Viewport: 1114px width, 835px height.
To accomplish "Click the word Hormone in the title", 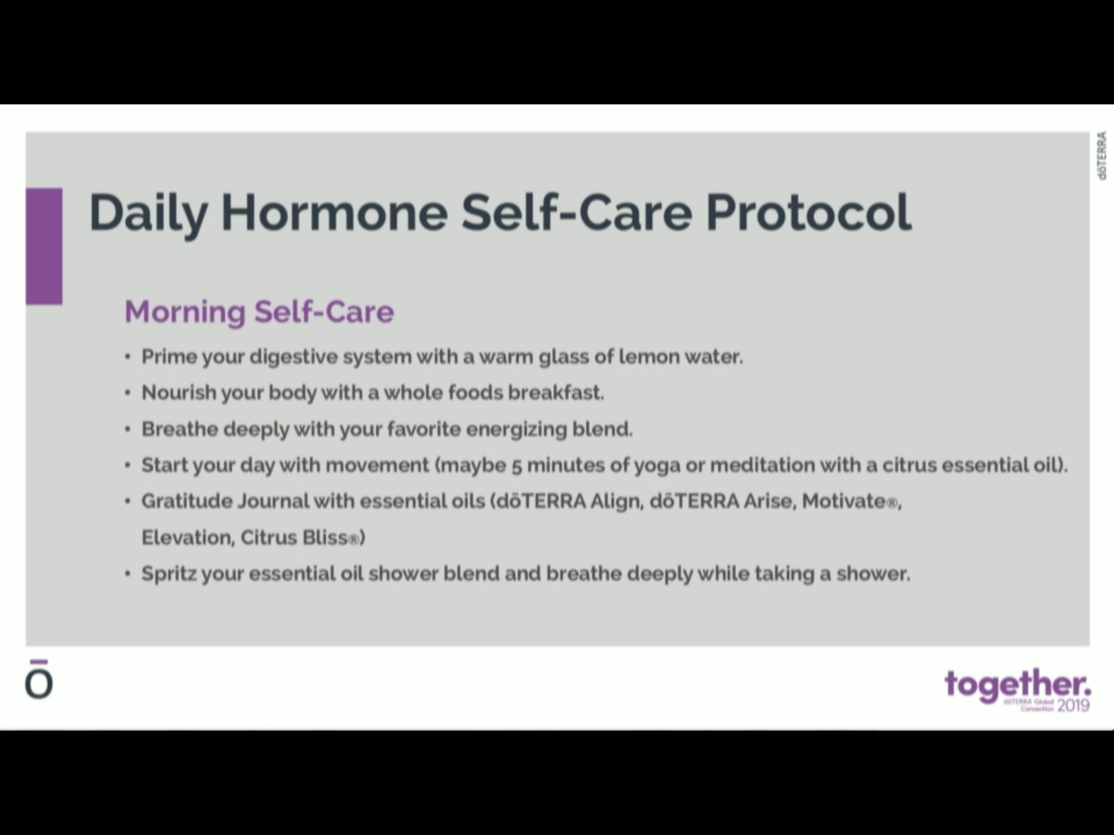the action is click(x=334, y=211).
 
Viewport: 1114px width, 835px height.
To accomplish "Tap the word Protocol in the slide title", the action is click(x=808, y=211).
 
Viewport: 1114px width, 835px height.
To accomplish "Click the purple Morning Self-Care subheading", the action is click(x=259, y=311).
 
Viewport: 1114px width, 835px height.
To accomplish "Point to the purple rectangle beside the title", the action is click(x=44, y=246).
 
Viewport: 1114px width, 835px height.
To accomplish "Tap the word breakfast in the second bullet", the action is click(x=555, y=392).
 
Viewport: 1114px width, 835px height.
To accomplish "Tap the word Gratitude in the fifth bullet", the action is click(x=187, y=501).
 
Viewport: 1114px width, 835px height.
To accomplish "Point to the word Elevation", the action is click(x=188, y=538).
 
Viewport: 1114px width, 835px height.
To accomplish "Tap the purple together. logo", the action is click(x=1018, y=685).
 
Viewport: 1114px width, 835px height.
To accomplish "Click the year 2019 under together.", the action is click(x=1074, y=706).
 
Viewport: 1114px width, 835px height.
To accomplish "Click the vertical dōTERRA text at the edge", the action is click(x=1101, y=155).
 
